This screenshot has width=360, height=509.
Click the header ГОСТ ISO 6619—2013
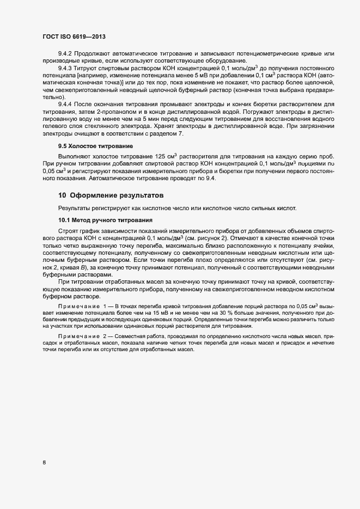pos(74,36)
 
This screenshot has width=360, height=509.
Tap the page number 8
pos(44,463)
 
